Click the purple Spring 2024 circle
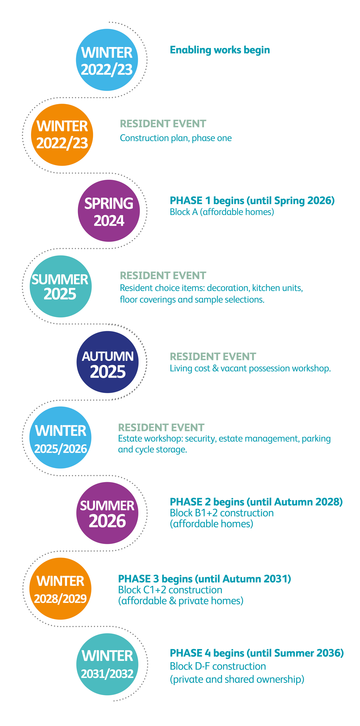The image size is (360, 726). pos(109,211)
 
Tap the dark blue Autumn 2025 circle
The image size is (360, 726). pos(108,362)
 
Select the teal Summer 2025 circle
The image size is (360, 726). pos(61,286)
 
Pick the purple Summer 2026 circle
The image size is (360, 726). pos(107,513)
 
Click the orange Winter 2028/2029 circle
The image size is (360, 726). pos(60,588)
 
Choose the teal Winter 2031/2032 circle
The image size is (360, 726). pos(107,664)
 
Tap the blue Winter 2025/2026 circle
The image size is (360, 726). pos(60,437)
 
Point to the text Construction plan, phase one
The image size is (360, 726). pos(176,138)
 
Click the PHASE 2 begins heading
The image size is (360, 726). pos(256,502)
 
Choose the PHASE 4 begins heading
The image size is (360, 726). pos(257,653)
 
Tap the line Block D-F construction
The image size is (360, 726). pos(218,666)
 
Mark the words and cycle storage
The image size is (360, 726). pos(152,450)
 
